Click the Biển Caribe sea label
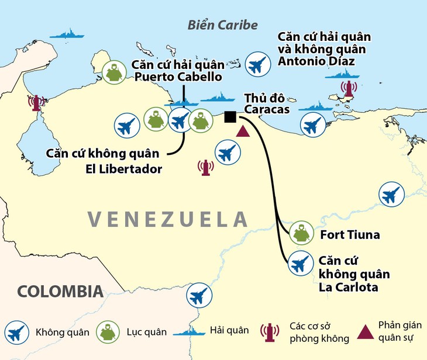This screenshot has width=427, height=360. click(x=222, y=25)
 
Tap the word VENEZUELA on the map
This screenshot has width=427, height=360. click(x=168, y=219)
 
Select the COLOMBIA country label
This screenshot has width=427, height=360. click(x=60, y=291)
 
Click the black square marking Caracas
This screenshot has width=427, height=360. click(x=230, y=117)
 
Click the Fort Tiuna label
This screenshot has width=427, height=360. click(x=350, y=235)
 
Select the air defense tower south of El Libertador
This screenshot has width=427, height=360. click(x=205, y=168)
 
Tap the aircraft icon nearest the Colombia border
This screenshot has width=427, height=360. click(x=198, y=295)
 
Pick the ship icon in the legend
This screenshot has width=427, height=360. click(x=190, y=331)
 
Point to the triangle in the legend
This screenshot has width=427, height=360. click(x=365, y=332)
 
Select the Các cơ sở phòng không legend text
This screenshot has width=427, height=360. click(x=319, y=332)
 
